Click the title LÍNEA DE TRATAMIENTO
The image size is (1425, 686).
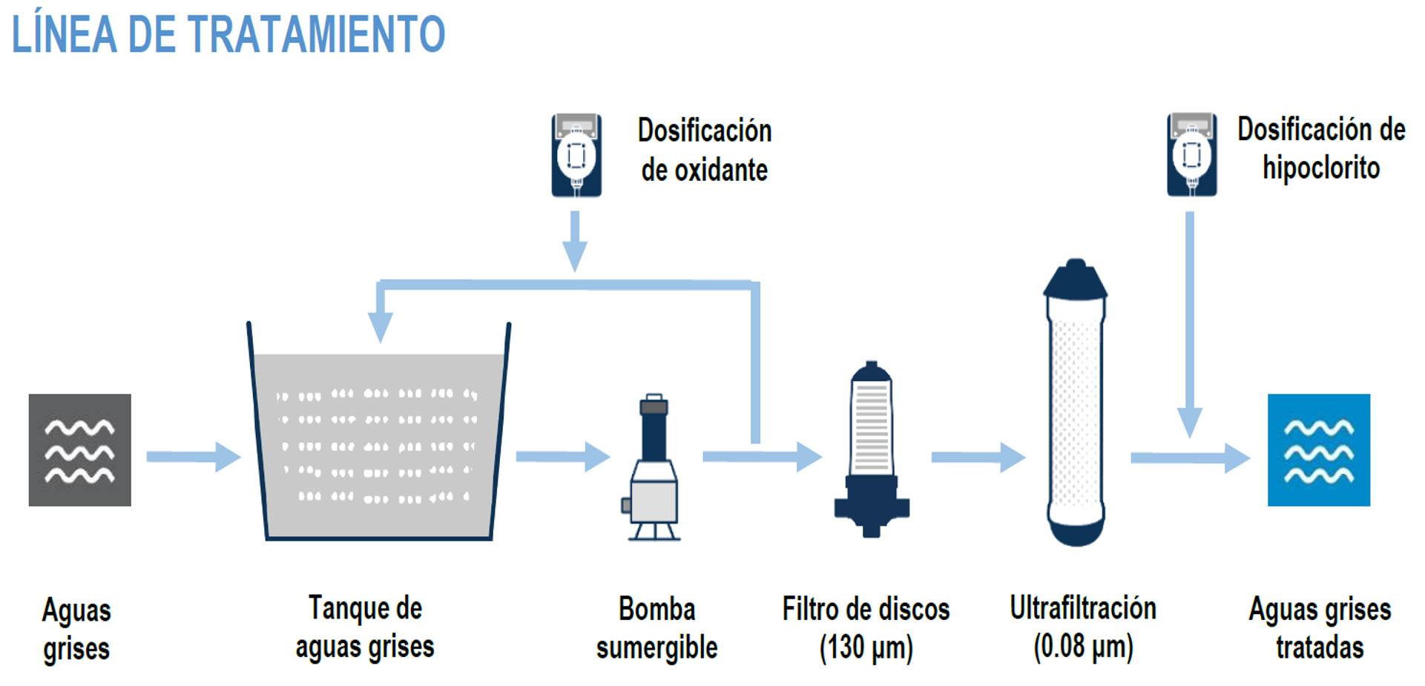[228, 35]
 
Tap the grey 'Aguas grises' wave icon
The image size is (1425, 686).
[80, 450]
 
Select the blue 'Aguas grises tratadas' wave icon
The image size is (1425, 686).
[1318, 450]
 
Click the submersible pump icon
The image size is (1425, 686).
[654, 467]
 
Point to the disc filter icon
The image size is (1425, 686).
[872, 449]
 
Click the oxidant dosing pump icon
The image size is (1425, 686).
[576, 155]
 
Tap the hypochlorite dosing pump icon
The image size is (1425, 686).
[1191, 154]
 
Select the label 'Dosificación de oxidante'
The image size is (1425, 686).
[705, 151]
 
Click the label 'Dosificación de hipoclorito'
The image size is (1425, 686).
[1321, 149]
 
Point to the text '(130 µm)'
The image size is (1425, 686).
[866, 647]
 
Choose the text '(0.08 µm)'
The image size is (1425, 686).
[1083, 646]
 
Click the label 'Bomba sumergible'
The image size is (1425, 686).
[656, 628]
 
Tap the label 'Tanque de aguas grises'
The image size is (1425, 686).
[365, 627]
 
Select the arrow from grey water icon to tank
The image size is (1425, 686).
[193, 457]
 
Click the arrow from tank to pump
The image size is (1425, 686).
[562, 457]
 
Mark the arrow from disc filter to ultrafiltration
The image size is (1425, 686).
[978, 458]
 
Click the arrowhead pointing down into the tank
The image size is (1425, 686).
[381, 326]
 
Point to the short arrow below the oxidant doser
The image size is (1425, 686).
[575, 241]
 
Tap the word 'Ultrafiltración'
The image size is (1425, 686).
[1083, 608]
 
